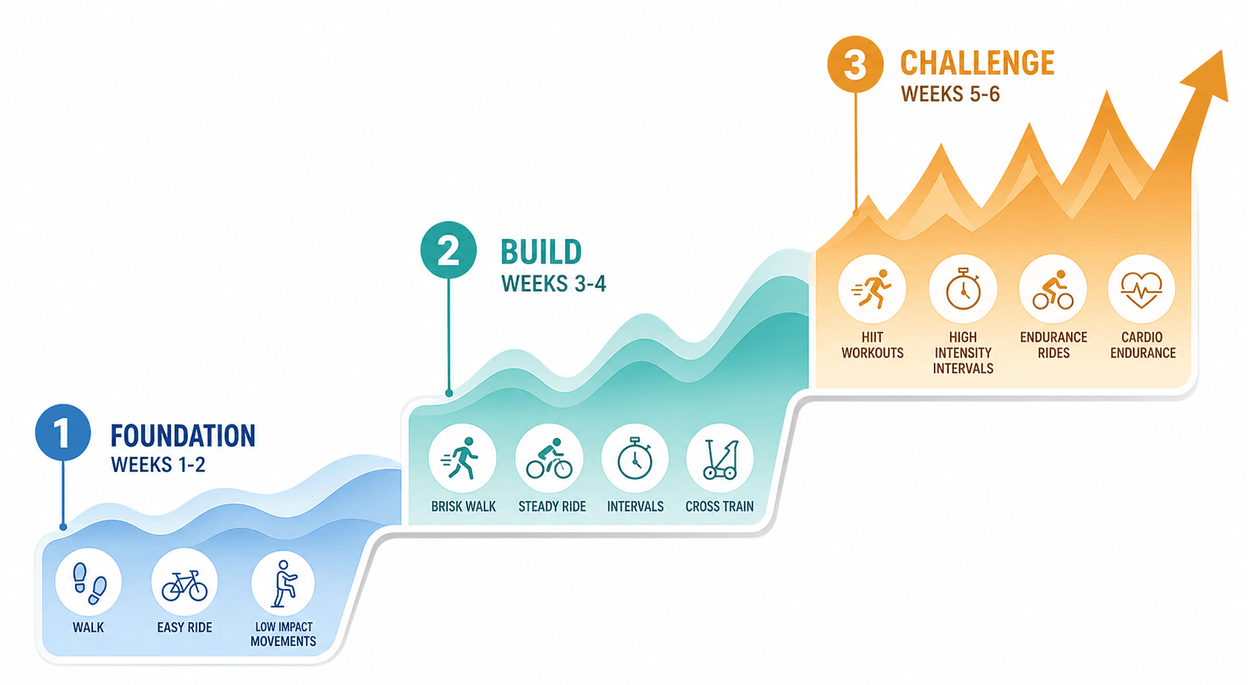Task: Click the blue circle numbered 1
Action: click(x=63, y=433)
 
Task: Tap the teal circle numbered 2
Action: click(x=448, y=250)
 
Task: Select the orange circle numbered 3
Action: click(x=855, y=64)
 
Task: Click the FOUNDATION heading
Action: click(x=183, y=436)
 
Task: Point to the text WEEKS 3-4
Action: click(x=554, y=284)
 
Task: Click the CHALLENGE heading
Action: click(x=977, y=63)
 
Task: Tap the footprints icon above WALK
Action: click(x=89, y=583)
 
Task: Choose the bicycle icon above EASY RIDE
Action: click(x=184, y=585)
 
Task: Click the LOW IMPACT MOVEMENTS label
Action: click(x=283, y=633)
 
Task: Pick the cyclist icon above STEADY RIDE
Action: click(x=549, y=459)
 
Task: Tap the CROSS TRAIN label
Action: click(x=719, y=507)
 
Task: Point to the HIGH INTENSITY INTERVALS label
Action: click(x=963, y=352)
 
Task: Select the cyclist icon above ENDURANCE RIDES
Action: click(x=1053, y=290)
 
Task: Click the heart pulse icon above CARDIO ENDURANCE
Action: click(x=1142, y=290)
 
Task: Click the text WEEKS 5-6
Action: click(x=950, y=94)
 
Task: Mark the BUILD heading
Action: click(x=541, y=252)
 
